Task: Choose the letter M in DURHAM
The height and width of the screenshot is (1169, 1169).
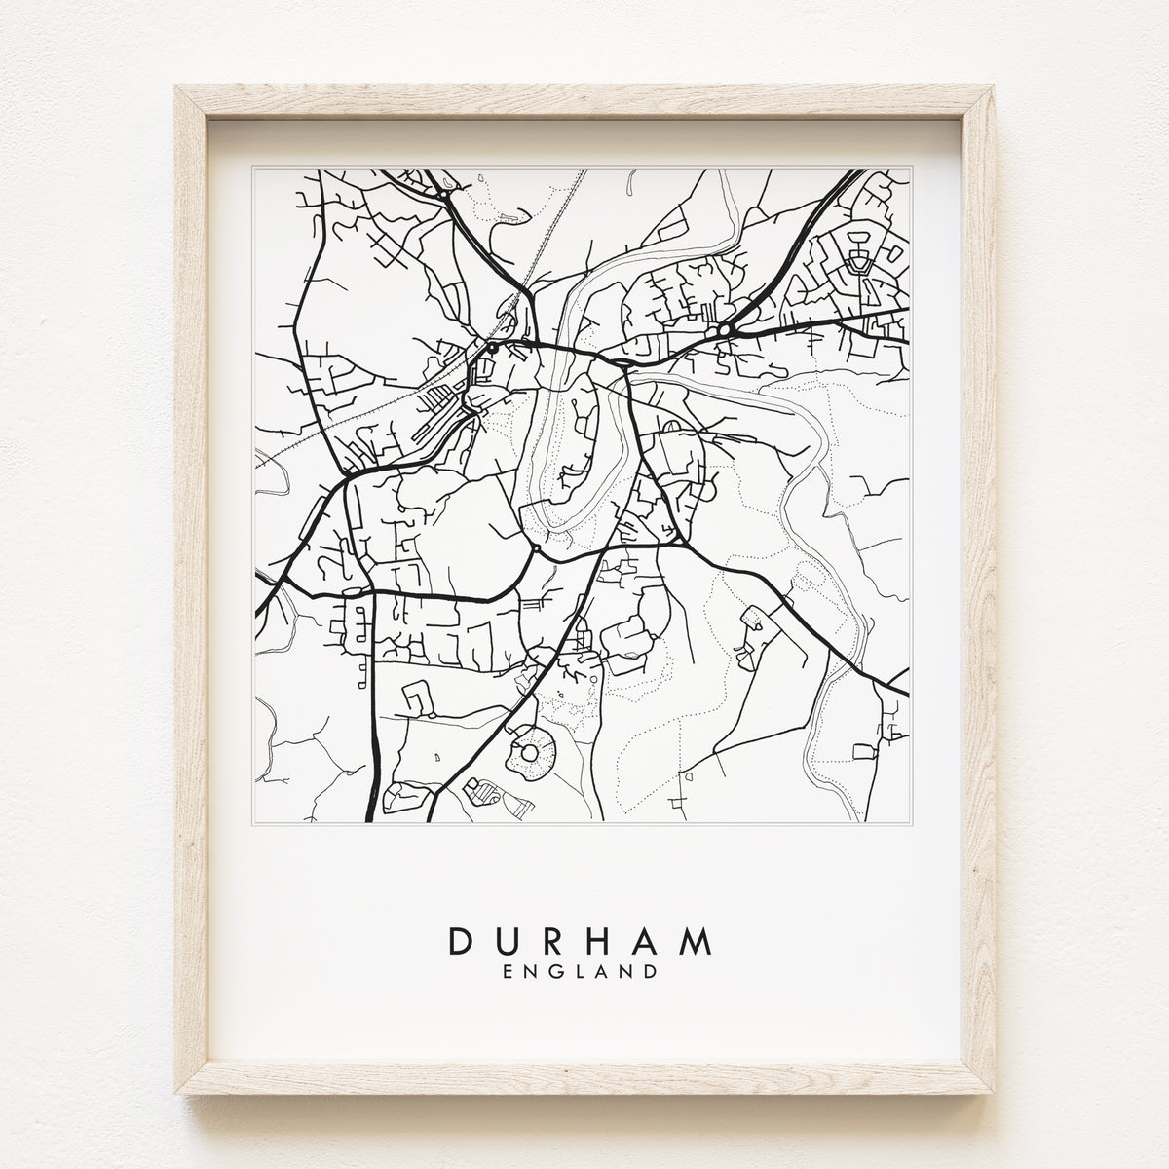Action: (x=698, y=942)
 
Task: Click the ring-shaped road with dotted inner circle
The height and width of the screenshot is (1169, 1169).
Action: (x=532, y=751)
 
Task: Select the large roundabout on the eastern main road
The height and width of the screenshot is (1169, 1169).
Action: (x=724, y=331)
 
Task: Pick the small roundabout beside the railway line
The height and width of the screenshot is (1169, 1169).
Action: (x=493, y=348)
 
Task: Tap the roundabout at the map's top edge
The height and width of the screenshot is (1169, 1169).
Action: (x=443, y=195)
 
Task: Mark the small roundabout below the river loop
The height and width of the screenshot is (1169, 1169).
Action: (x=536, y=549)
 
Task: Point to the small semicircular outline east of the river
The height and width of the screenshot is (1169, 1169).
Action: (x=671, y=426)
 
